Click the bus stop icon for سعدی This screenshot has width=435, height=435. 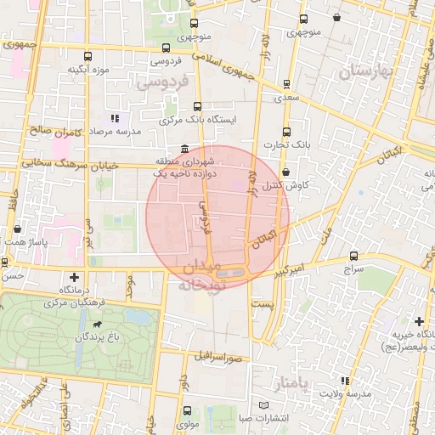(285, 85)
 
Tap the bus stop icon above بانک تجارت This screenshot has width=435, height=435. (285, 132)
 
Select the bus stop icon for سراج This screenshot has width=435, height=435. (353, 256)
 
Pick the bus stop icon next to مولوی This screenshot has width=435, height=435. (187, 411)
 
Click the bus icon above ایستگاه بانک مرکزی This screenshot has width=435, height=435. (198, 107)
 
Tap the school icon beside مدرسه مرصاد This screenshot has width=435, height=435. (115, 119)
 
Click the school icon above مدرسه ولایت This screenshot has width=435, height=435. (344, 381)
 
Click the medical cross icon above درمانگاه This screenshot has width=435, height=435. (75, 277)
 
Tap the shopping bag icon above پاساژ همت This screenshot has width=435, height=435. (18, 229)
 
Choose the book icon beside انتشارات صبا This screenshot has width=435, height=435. (263, 405)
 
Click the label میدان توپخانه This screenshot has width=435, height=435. (201, 278)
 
